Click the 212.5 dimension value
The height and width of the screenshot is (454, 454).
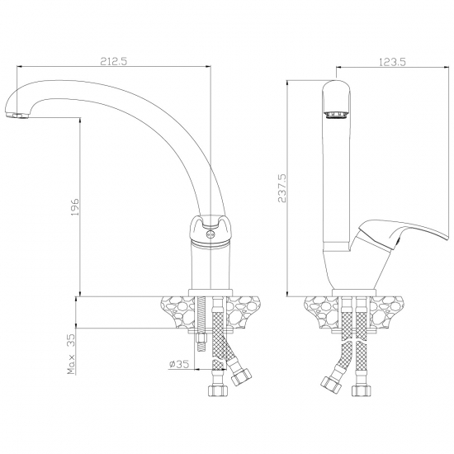[114, 61]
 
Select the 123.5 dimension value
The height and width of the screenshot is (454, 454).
[392, 62]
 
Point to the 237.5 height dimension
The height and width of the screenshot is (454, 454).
[281, 188]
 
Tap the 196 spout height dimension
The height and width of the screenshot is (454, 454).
[74, 206]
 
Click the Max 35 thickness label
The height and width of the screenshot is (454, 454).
[71, 354]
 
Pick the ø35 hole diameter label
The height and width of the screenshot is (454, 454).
[178, 364]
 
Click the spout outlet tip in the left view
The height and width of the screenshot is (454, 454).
[17, 116]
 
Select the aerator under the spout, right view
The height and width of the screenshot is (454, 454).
[336, 115]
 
